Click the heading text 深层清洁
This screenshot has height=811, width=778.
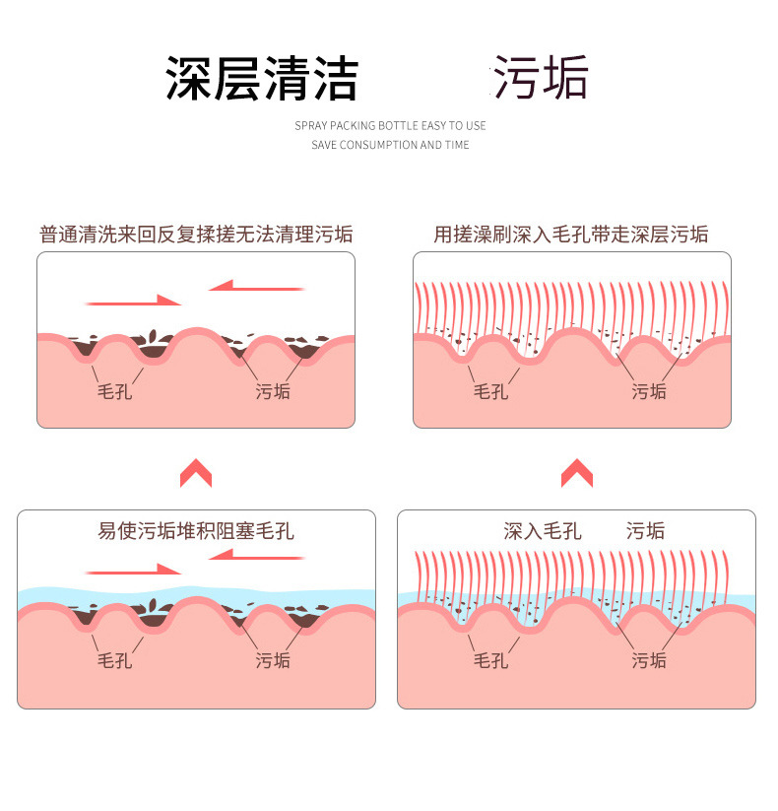tap(261, 79)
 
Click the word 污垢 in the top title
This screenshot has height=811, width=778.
tap(541, 79)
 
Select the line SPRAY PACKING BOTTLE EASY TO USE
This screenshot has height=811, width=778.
tap(390, 126)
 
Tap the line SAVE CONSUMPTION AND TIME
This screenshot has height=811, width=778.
tap(390, 145)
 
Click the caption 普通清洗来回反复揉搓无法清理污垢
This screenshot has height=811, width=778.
tap(196, 235)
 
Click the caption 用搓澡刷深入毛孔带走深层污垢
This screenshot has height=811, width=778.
tap(571, 235)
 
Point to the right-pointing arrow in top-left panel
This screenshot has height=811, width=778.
tap(133, 301)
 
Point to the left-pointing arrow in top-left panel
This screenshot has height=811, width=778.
tap(256, 287)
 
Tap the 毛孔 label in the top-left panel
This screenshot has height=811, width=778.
tap(114, 391)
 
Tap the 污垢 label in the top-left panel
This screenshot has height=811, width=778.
tap(273, 391)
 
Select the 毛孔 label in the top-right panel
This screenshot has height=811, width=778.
tap(490, 391)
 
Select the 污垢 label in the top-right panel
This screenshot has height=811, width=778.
tap(649, 391)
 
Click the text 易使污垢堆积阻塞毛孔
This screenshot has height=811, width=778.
tap(196, 532)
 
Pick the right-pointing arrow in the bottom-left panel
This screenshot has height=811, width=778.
tap(133, 570)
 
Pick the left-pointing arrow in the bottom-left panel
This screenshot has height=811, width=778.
tap(256, 555)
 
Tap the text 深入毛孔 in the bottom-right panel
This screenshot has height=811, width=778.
tap(543, 532)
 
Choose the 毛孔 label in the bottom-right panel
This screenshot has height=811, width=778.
tap(490, 660)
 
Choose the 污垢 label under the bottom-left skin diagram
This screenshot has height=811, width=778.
tap(273, 660)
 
